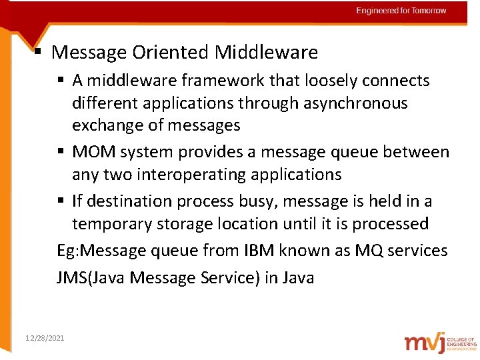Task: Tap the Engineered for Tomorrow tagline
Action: point(401,11)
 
